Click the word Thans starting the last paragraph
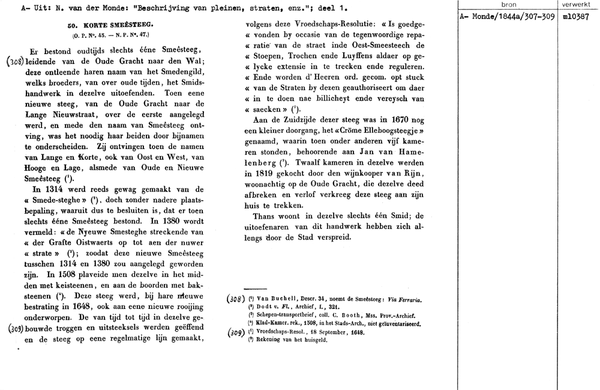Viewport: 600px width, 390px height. tap(265, 216)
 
